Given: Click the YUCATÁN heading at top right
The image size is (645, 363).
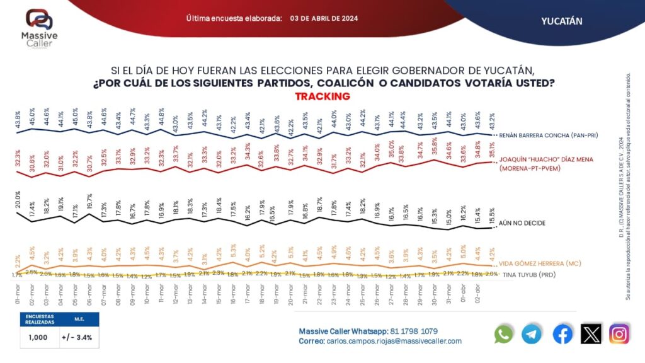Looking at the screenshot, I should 562,21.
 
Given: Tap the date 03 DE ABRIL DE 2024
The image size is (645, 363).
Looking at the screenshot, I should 324,18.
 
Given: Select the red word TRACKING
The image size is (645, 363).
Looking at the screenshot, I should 322,96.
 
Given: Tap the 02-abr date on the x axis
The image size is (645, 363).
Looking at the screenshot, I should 480,292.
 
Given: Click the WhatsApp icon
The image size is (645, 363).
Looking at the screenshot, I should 503,334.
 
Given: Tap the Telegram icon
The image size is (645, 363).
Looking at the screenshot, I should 532,334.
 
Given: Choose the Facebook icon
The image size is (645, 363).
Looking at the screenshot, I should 562,334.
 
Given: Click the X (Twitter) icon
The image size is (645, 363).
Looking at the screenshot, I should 591,334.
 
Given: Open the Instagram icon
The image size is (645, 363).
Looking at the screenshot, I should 619,334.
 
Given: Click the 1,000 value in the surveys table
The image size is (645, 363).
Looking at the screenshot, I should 38,337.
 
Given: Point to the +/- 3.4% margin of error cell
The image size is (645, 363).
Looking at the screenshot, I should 77,337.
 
